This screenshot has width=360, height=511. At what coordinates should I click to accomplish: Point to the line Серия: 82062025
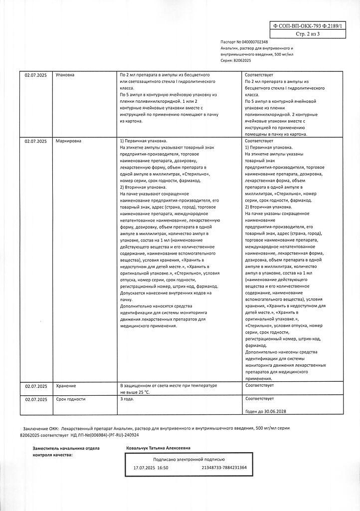[x=236, y=60]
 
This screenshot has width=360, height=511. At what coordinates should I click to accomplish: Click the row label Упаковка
[x=65, y=75]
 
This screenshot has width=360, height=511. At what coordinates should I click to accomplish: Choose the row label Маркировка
[x=68, y=142]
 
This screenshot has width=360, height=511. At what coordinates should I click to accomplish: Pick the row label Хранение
[x=66, y=386]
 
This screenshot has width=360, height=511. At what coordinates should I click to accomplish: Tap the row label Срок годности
[x=71, y=399]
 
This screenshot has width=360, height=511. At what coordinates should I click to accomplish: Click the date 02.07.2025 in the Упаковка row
[x=35, y=75]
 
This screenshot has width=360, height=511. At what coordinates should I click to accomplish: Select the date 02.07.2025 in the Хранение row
[x=35, y=386]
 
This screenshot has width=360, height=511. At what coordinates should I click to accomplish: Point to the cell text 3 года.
[x=128, y=399]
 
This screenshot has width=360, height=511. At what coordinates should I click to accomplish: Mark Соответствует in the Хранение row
[x=260, y=386]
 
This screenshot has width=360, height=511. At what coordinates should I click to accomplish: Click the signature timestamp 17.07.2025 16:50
[x=151, y=468]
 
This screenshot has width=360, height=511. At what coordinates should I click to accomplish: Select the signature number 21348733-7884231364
[x=224, y=468]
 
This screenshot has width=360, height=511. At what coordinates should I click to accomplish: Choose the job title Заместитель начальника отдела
[x=66, y=448]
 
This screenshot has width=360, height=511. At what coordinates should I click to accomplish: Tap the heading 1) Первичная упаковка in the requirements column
[x=144, y=142]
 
